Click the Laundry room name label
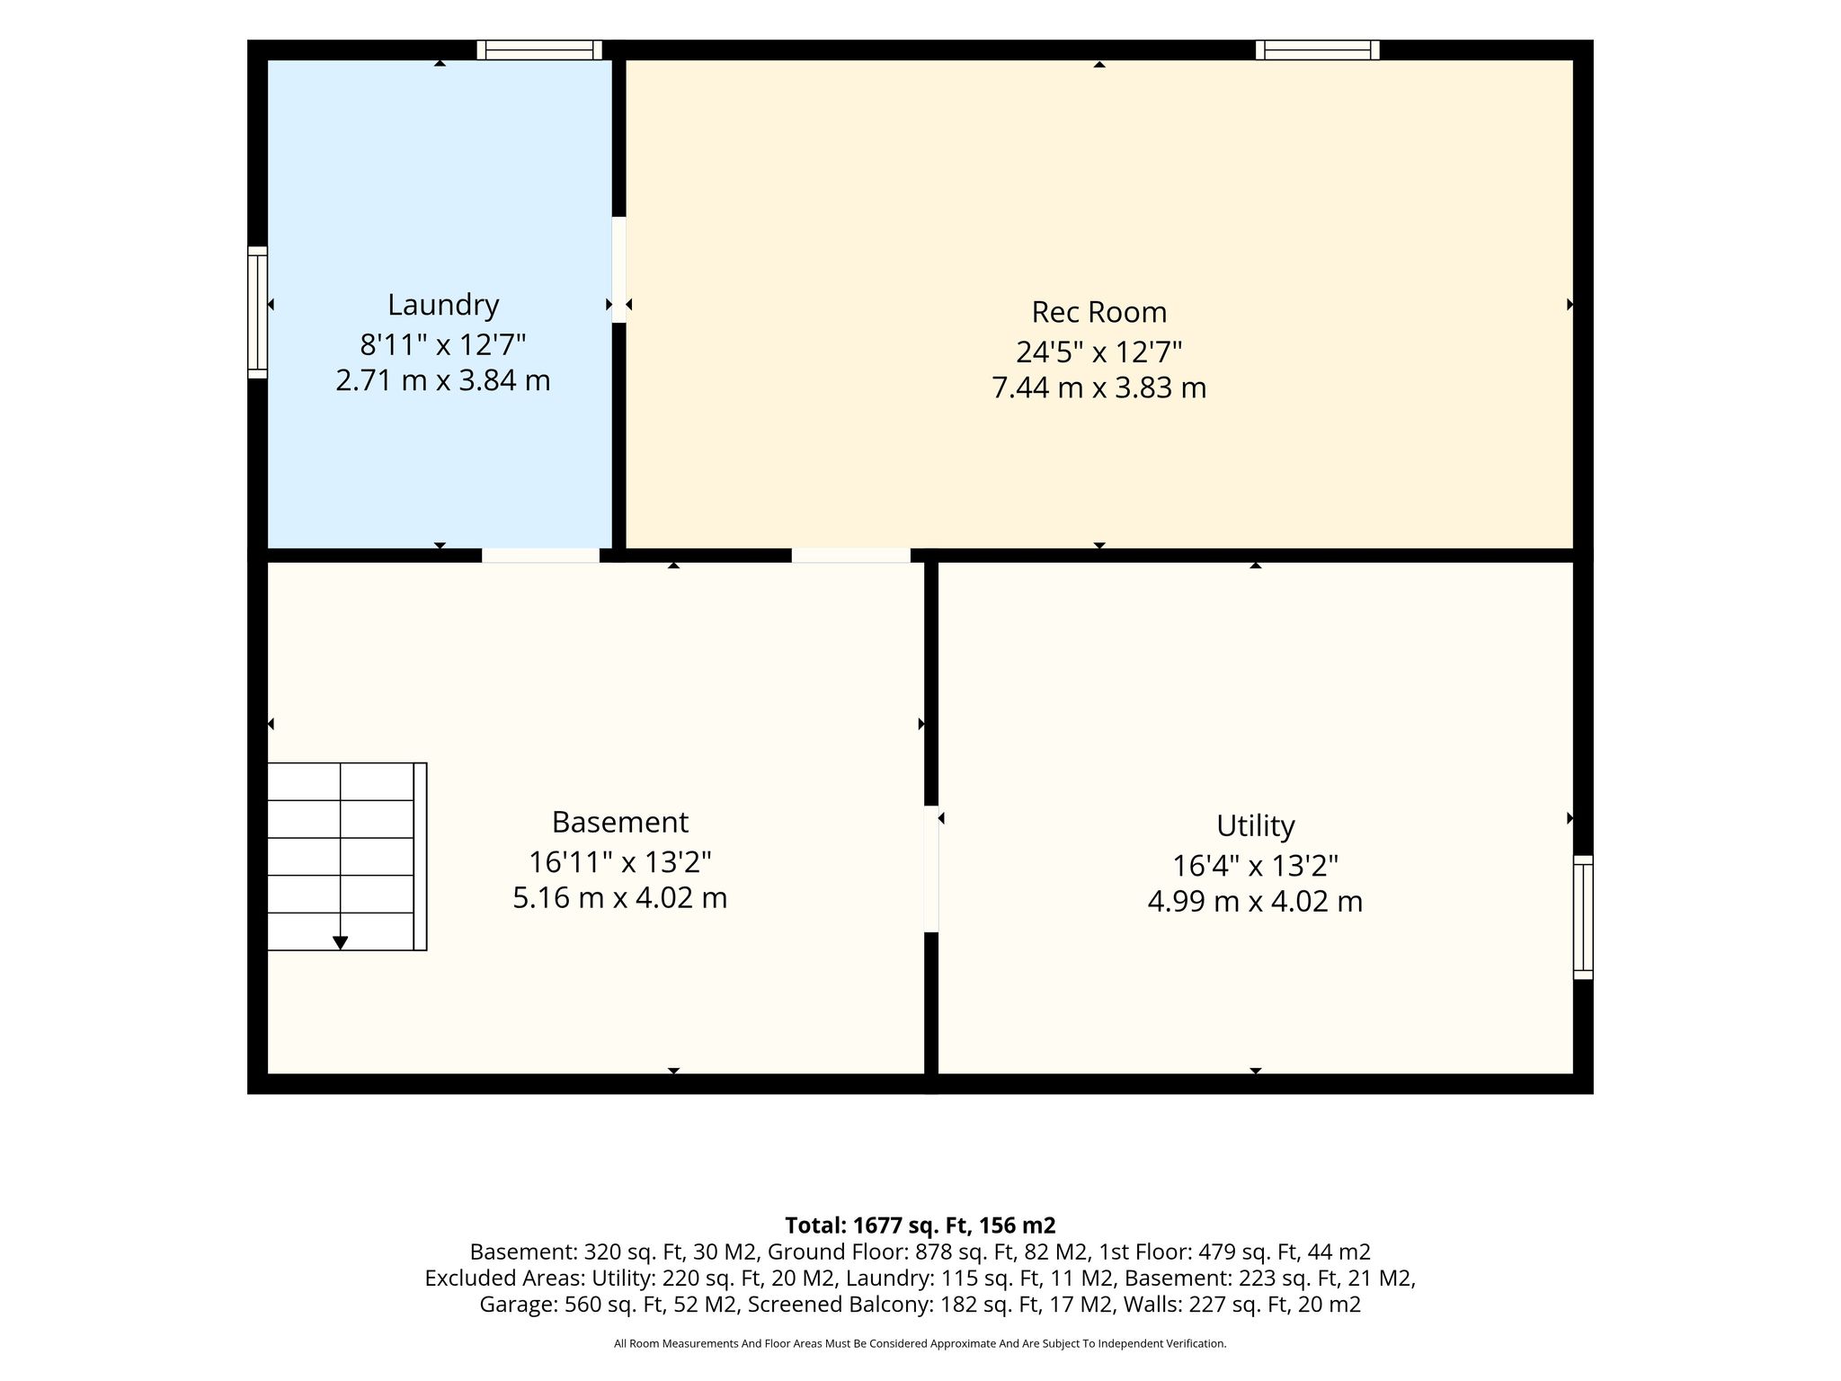[443, 306]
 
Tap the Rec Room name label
[1098, 312]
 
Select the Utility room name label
[1255, 825]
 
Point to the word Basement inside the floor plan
[619, 822]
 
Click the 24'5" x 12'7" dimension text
[1098, 351]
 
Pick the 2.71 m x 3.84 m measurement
[443, 380]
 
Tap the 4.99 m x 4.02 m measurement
[1255, 901]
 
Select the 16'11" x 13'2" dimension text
[619, 862]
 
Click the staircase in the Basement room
[347, 856]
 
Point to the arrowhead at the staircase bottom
[340, 943]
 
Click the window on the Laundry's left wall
[258, 312]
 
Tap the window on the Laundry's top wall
[539, 49]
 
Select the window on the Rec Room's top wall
[1318, 49]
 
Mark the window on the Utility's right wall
[1583, 917]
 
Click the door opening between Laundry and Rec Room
[618, 270]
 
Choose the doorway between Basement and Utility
[931, 869]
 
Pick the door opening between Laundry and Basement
[540, 556]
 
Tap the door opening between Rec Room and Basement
[850, 556]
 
